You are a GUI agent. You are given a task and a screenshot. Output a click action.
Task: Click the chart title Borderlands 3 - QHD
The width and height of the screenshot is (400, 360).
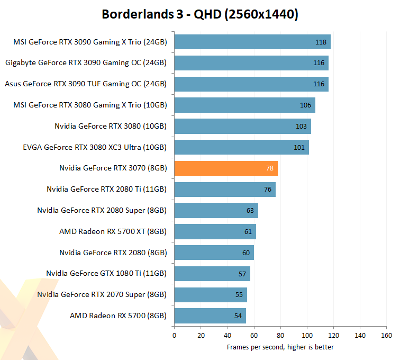click(x=200, y=14)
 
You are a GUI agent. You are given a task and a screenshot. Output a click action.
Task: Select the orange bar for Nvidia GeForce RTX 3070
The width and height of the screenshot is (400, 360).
click(x=226, y=168)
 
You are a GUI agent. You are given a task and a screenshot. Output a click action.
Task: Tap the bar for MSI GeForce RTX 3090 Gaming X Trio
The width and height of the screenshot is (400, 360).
click(x=252, y=42)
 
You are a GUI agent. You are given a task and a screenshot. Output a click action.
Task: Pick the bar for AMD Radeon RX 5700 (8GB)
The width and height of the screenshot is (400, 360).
click(x=210, y=316)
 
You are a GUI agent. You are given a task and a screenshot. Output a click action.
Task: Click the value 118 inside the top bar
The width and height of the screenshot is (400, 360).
click(x=321, y=42)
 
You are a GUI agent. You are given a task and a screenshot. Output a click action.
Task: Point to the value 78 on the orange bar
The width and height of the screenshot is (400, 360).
click(x=270, y=168)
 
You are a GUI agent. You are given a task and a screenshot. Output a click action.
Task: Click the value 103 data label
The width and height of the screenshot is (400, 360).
click(x=302, y=127)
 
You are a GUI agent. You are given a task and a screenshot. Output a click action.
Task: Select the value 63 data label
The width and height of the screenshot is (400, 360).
click(x=250, y=211)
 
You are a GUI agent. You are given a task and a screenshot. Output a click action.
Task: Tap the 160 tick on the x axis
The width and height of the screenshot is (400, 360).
click(x=386, y=335)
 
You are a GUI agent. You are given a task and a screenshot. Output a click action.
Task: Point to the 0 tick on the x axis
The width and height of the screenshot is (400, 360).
click(x=174, y=335)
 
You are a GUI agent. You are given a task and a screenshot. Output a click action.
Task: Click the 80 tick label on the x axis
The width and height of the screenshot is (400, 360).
click(x=280, y=335)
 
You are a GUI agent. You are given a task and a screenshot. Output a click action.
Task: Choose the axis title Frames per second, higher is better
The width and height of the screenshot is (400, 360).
click(x=280, y=347)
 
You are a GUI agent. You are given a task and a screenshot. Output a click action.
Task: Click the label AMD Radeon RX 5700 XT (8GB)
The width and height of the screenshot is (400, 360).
click(x=113, y=231)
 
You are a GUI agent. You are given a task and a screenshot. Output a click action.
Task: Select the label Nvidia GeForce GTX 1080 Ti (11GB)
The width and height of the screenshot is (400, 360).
click(x=106, y=274)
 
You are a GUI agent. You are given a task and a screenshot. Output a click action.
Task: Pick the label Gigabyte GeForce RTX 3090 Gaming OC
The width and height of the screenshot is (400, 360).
click(x=86, y=63)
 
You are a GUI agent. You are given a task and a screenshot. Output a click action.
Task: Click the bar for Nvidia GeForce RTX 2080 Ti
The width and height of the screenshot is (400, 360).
click(x=225, y=190)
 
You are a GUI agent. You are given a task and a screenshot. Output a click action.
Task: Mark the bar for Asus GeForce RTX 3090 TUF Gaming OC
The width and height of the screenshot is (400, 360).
click(x=251, y=84)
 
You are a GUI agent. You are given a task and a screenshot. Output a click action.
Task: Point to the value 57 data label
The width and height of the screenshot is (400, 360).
click(x=242, y=274)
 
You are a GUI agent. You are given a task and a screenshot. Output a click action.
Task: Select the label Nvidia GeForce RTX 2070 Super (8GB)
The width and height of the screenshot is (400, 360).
click(x=102, y=295)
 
